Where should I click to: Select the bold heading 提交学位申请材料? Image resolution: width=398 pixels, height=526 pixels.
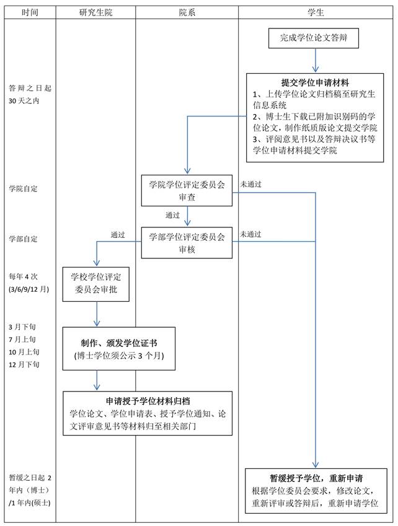[315, 82]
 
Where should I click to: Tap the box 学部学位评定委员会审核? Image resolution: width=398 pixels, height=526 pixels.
[187, 242]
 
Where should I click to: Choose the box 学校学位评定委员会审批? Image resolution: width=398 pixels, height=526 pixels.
[96, 283]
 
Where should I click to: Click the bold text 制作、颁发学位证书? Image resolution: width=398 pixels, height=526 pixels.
[118, 343]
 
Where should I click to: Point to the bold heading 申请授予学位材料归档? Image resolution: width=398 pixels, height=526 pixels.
[147, 401]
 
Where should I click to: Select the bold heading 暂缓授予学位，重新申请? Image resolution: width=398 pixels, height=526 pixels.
[316, 478]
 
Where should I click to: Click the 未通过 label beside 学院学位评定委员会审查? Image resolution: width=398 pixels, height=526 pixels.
[250, 184]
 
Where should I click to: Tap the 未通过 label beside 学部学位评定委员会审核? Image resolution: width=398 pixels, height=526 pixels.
[250, 234]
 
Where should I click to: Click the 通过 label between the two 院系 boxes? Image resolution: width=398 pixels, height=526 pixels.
[172, 216]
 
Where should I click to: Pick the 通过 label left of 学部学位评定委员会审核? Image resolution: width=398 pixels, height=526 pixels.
[118, 235]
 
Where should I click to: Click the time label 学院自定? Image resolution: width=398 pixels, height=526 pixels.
[23, 188]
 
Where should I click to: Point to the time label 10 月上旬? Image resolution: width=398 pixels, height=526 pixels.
[23, 352]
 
